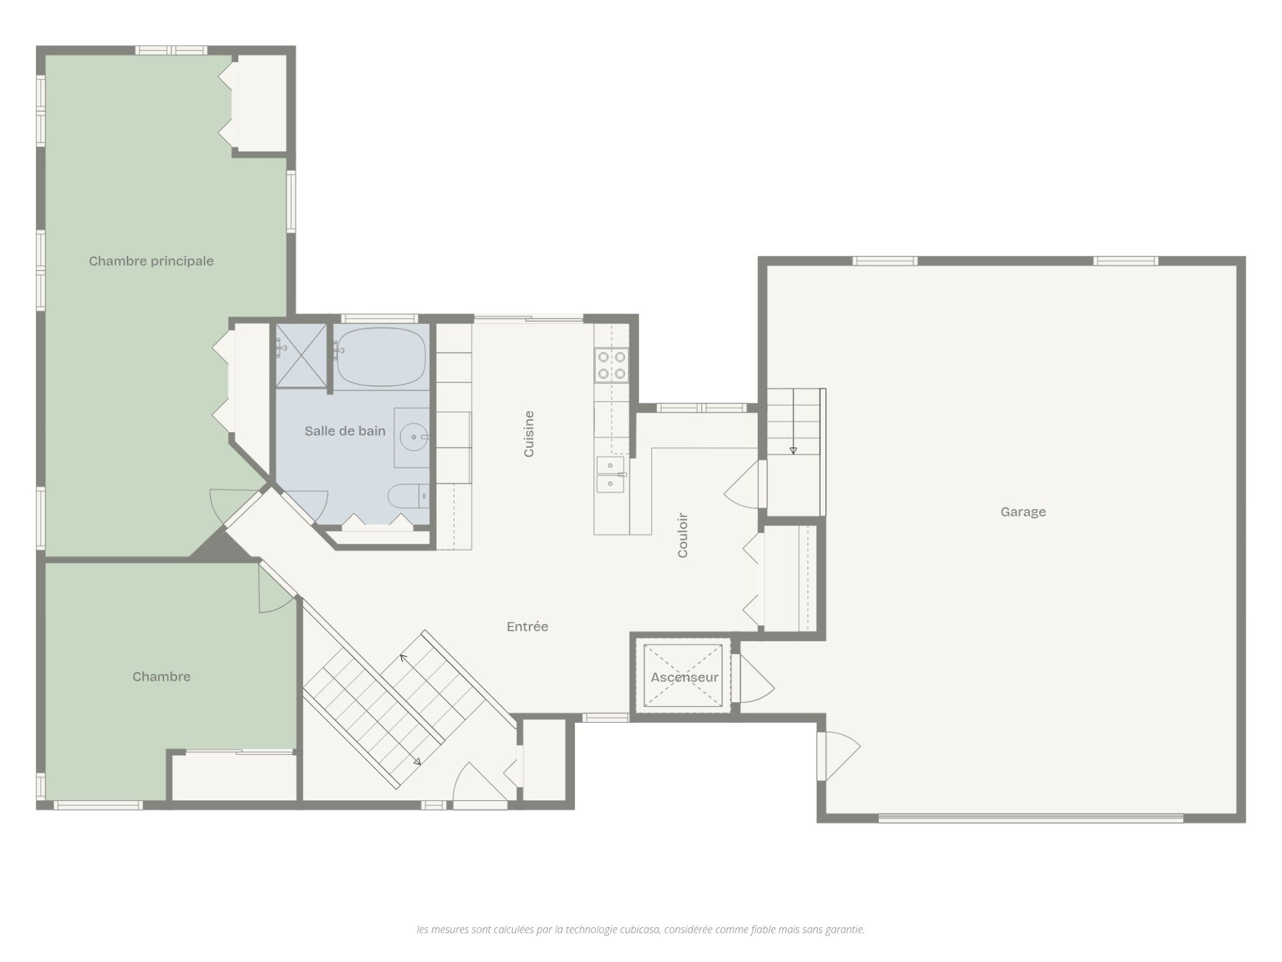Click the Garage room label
pyautogui.click(x=1023, y=512)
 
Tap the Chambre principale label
pyautogui.click(x=151, y=261)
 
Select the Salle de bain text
pyautogui.click(x=345, y=431)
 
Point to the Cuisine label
pyautogui.click(x=529, y=434)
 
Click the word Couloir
pyautogui.click(x=682, y=535)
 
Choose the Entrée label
pyautogui.click(x=527, y=627)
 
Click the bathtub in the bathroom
pyautogui.click(x=381, y=357)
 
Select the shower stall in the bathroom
pyautogui.click(x=301, y=355)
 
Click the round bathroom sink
pyautogui.click(x=413, y=438)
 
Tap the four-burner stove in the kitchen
pyautogui.click(x=612, y=365)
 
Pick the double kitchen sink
pyautogui.click(x=611, y=474)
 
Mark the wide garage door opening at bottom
pyautogui.click(x=1030, y=816)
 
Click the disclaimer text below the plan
pyautogui.click(x=640, y=929)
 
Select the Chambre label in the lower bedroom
pyautogui.click(x=162, y=677)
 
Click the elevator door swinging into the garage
pyautogui.click(x=754, y=677)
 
